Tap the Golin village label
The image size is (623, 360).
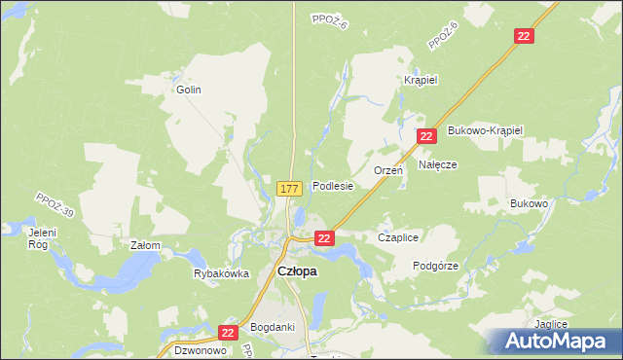coord(188,90)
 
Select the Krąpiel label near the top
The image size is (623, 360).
coord(420,81)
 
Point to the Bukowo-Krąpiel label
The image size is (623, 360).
coord(485,130)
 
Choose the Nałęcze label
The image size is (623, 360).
coord(438,165)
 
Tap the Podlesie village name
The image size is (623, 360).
coord(332,186)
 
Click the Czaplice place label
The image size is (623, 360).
coord(397,237)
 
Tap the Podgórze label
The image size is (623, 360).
coord(435,266)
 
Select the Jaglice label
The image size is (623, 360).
coord(550,324)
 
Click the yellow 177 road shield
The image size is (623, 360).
coord(287,188)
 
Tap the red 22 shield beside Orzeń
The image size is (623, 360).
coord(426,137)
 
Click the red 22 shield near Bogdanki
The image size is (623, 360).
coord(228,333)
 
